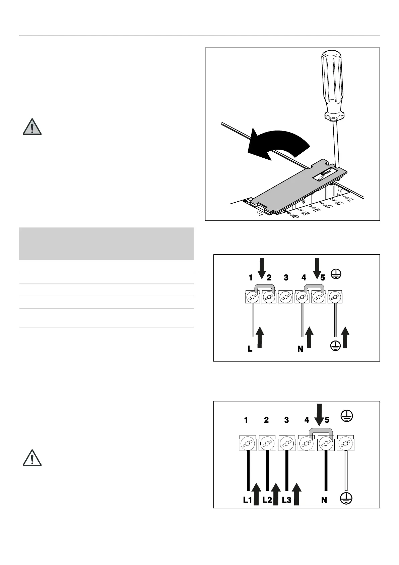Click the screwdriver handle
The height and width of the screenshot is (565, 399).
[331, 84]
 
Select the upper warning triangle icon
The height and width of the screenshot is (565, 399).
[32, 127]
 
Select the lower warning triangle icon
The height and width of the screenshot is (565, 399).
[32, 458]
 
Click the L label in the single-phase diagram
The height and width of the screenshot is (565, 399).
[250, 349]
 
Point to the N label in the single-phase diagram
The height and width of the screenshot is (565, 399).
[300, 349]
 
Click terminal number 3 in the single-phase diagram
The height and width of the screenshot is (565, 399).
[286, 278]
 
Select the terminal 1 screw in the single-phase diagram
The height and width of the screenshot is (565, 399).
[252, 297]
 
